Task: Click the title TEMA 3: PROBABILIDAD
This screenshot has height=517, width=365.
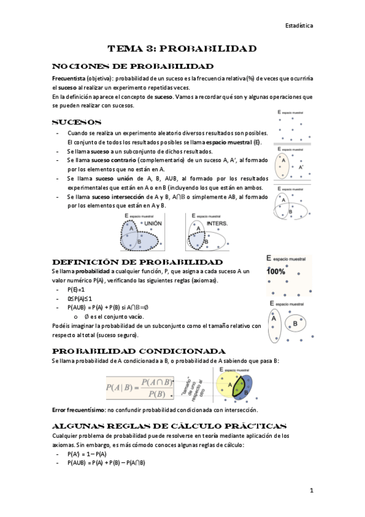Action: coord(182,48)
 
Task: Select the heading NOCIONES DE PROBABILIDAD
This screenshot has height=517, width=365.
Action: coord(133,66)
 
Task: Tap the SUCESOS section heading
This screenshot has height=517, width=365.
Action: coord(77,122)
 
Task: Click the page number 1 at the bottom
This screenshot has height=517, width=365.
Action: coord(311,490)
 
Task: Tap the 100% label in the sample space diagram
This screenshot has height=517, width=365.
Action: coord(276,271)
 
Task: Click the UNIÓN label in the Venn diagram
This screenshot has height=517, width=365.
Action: coord(153,224)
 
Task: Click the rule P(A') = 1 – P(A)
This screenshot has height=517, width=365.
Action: coord(87,454)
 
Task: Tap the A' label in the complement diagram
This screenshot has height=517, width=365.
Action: coord(301,166)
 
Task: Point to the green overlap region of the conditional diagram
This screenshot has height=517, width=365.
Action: coord(239,387)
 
